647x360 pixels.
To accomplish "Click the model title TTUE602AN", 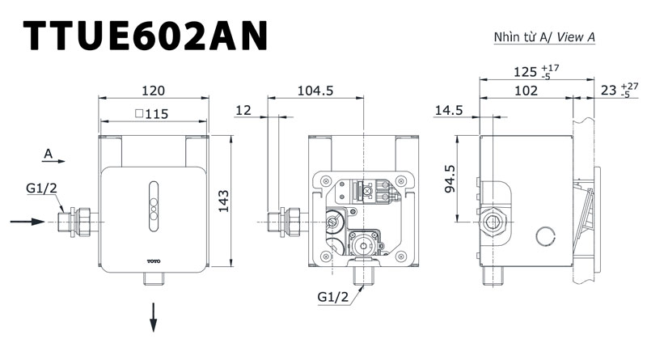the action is click(x=146, y=36).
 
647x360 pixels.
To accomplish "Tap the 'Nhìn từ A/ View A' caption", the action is click(x=544, y=37).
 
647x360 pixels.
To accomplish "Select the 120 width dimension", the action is click(x=153, y=91).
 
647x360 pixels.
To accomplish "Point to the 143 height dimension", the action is click(x=223, y=201).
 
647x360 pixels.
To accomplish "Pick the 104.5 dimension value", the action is click(x=315, y=91).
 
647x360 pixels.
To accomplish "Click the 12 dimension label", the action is click(x=243, y=110).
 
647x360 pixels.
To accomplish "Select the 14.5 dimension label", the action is click(x=449, y=110).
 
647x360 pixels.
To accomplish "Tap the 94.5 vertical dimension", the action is click(x=450, y=179).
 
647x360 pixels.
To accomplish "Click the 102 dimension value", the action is click(x=526, y=91).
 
